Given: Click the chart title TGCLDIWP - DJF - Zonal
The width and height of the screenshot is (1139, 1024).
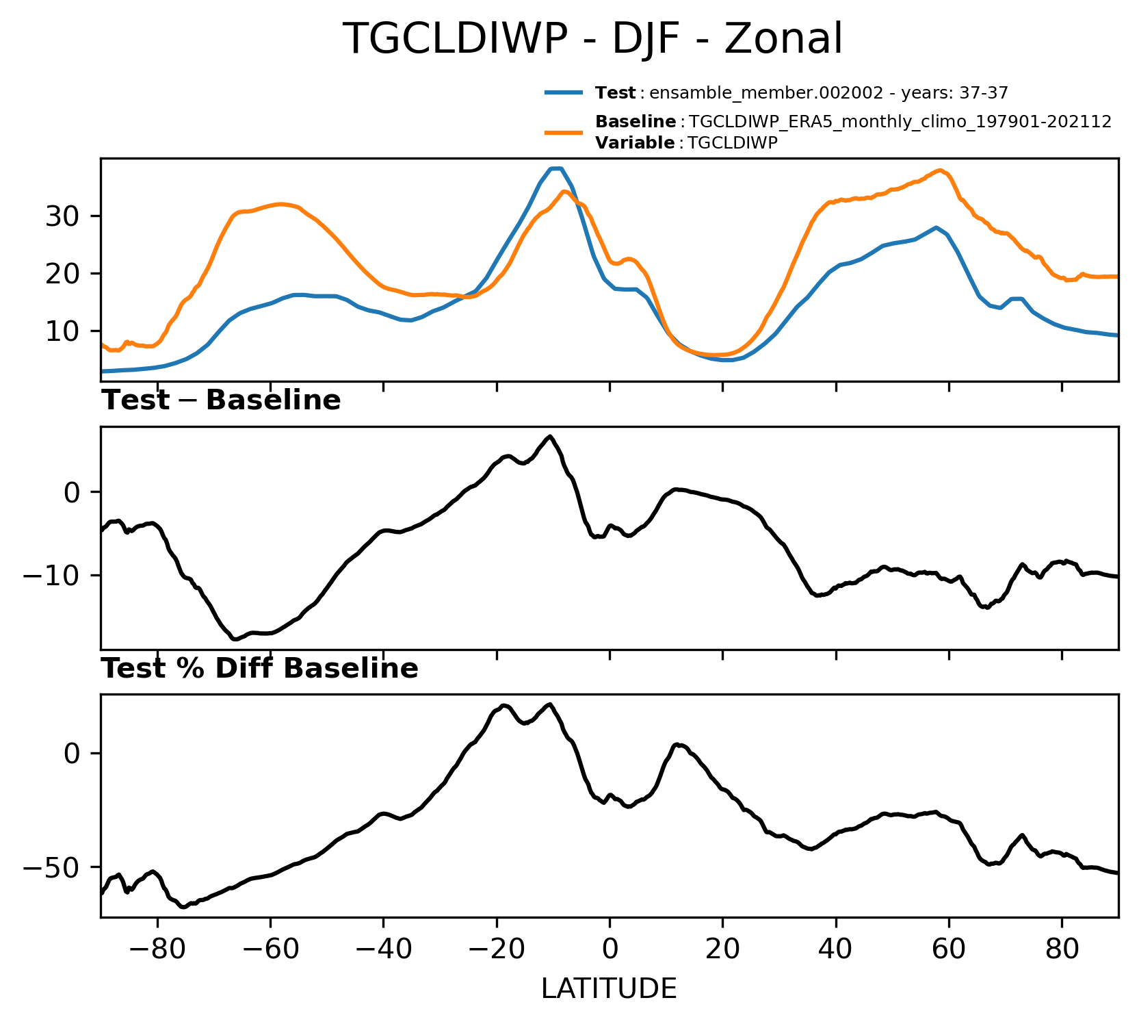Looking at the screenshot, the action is [x=592, y=38].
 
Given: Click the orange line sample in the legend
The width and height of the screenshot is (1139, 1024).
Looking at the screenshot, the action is [x=564, y=132].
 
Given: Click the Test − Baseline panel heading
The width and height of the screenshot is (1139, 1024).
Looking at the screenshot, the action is [x=221, y=400].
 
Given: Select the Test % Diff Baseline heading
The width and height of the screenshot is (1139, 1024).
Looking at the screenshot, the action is [x=260, y=669].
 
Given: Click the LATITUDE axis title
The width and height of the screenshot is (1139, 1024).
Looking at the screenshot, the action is [x=610, y=988].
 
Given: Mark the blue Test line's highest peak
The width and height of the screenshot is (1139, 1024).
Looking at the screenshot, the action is [x=555, y=168].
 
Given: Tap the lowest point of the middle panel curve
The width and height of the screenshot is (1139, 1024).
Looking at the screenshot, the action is [x=234, y=639].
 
